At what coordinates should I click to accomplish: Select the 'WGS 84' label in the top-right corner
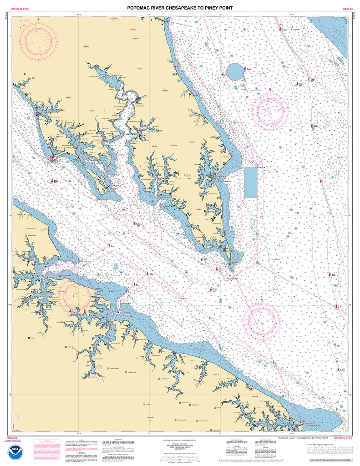tap(348, 9)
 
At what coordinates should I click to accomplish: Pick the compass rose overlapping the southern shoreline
tap(81, 294)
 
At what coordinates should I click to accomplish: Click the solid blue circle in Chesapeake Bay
tap(235, 71)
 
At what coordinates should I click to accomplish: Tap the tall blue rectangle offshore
tap(250, 182)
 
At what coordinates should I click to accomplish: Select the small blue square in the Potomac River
tap(116, 267)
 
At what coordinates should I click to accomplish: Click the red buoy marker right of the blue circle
tap(245, 70)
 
